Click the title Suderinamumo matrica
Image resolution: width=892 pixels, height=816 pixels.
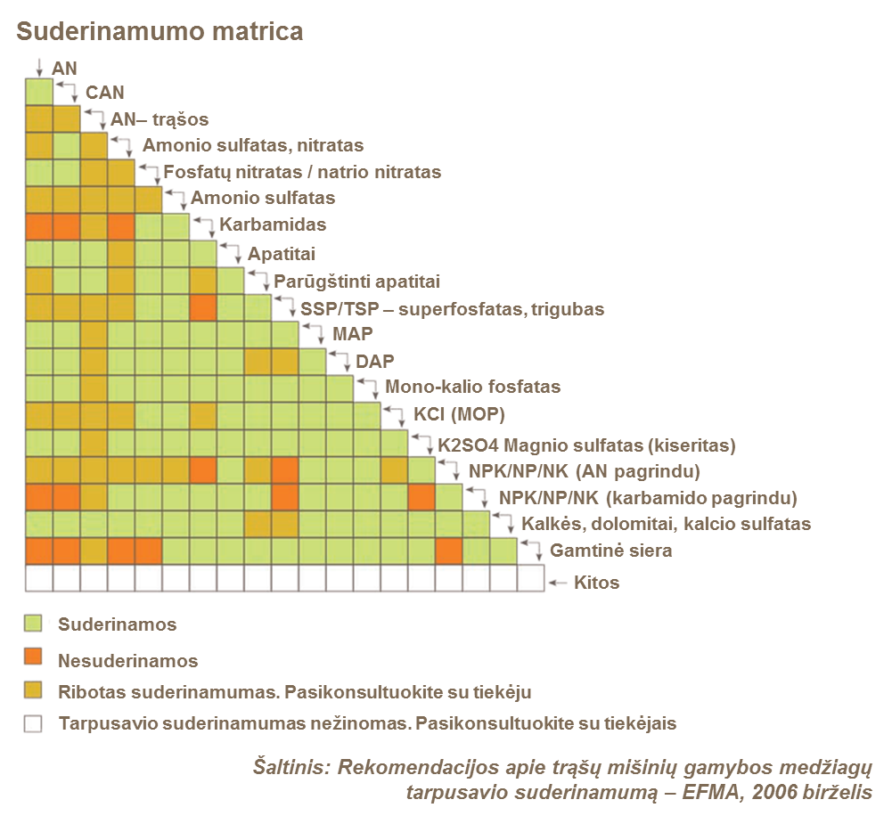[160, 32]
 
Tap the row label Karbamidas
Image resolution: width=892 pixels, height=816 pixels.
[274, 224]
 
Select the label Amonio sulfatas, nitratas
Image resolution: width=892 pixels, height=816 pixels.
[253, 145]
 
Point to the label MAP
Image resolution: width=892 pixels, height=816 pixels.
[353, 334]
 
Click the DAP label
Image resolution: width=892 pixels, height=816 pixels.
[375, 361]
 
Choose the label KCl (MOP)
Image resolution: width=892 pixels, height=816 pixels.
[460, 415]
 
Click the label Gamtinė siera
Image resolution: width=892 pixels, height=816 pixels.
[610, 551]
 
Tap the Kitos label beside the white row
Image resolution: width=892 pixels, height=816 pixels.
[596, 583]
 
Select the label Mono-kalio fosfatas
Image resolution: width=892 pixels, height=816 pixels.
[472, 388]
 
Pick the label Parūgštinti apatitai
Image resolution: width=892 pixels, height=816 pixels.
[357, 281]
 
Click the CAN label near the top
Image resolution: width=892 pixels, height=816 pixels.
[104, 92]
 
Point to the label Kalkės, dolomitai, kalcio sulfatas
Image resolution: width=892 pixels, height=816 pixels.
[666, 524]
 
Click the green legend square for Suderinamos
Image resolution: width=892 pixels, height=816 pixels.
[33, 624]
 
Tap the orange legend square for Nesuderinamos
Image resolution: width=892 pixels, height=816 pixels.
[33, 658]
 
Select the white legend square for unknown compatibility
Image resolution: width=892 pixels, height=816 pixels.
[33, 724]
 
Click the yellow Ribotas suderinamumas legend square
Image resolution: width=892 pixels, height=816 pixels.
[33, 691]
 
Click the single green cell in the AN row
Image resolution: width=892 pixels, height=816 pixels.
[38, 92]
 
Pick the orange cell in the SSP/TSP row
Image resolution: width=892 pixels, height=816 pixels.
[203, 308]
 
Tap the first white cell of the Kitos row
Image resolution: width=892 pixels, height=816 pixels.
[38, 579]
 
